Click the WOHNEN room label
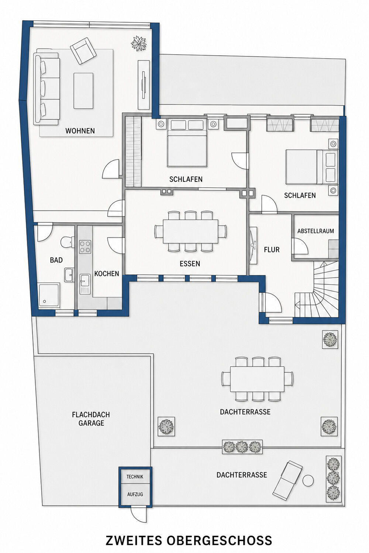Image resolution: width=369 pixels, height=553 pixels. pyautogui.click(x=80, y=131)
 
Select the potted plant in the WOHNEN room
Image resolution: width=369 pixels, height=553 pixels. pyautogui.click(x=139, y=44)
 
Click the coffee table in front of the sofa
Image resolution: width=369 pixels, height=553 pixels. pyautogui.click(x=83, y=91)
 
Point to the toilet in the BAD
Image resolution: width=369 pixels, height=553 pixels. pyautogui.click(x=67, y=242)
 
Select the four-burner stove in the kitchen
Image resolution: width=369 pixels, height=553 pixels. pyautogui.click(x=85, y=247)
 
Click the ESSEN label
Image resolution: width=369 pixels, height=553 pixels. pyautogui.click(x=190, y=264)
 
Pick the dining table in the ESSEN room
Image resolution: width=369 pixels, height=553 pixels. pyautogui.click(x=190, y=231)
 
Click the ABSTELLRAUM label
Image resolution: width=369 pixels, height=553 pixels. pyautogui.click(x=315, y=231)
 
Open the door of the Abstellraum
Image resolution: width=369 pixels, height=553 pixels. pyautogui.click(x=300, y=246)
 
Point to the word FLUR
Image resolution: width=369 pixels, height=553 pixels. pyautogui.click(x=272, y=250)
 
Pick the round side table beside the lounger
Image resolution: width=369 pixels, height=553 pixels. pyautogui.click(x=308, y=480)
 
